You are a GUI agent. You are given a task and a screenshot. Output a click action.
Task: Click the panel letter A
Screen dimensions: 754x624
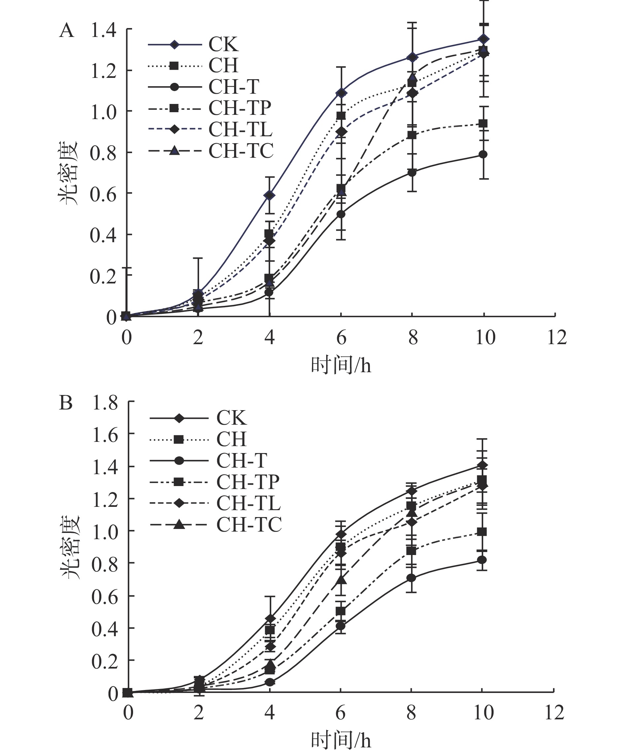66,31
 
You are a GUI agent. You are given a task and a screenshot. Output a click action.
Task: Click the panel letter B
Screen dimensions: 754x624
66,403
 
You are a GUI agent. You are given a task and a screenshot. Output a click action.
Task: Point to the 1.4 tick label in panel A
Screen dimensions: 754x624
103,30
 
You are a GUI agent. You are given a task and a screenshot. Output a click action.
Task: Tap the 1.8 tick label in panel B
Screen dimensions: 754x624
105,403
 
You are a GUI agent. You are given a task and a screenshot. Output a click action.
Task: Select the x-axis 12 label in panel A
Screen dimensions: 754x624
556,338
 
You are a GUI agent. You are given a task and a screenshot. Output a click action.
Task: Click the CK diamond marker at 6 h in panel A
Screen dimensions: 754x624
341,93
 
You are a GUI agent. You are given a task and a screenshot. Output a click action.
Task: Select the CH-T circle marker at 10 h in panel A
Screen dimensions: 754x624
484,154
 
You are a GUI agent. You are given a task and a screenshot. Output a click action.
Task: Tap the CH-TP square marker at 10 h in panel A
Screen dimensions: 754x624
484,123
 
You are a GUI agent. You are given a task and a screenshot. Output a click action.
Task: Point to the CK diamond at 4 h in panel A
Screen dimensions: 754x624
269,195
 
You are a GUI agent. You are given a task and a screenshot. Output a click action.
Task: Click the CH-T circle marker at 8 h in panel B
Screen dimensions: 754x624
411,578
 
